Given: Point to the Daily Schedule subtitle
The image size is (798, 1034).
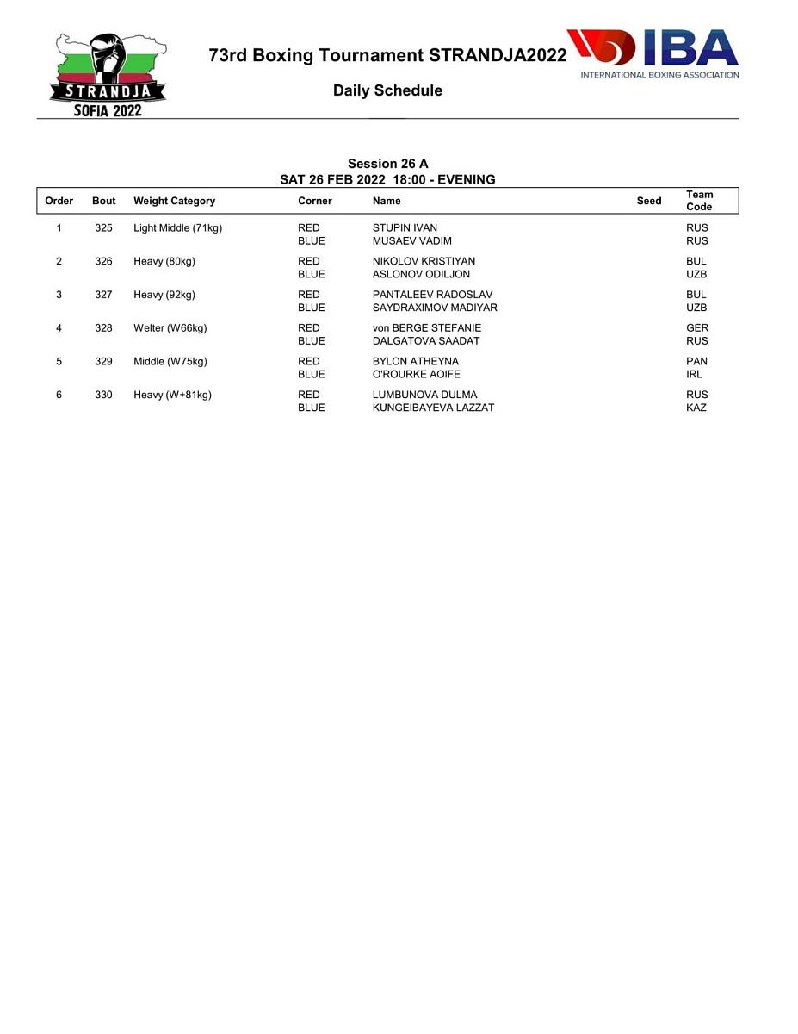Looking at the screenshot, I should tap(387, 90).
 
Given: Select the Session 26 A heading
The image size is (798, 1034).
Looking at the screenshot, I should tap(387, 164).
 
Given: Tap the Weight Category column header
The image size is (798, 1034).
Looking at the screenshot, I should tap(174, 201).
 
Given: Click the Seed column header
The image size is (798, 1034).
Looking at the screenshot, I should tap(649, 201).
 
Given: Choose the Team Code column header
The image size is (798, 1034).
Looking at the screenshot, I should tap(699, 201).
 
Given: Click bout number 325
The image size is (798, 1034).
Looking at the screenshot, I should tap(103, 228).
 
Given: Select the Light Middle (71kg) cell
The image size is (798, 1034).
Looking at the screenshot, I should tap(177, 228).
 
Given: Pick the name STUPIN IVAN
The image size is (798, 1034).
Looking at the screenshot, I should tap(405, 228).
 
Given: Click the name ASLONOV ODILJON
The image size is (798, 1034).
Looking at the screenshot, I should tap(421, 274).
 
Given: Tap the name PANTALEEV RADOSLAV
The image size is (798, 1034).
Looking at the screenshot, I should tap(432, 295).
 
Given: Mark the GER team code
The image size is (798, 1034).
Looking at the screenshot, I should tap(697, 328).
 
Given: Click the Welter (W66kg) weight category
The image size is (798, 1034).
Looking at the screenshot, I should tap(170, 328).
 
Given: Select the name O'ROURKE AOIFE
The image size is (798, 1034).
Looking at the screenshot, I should tap(416, 374).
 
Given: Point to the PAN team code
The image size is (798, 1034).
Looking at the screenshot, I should tap(696, 362).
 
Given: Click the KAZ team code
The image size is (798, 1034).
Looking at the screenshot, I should tap(696, 408).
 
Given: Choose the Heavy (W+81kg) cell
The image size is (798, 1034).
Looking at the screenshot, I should tap(172, 395).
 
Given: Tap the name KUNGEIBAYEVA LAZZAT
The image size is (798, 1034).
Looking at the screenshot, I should tap(433, 408).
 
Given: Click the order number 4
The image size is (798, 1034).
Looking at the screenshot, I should tap(59, 328).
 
